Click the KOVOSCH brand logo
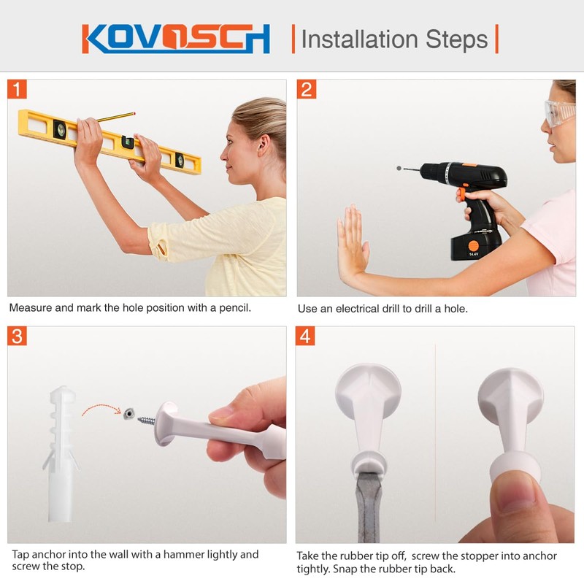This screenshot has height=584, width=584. coord(176,39)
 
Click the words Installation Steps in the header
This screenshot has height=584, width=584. coord(394,39)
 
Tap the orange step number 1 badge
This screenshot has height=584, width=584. coord(18,90)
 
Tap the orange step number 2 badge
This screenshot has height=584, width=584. coord(307,90)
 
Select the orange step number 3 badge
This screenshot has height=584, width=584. coord(18,337)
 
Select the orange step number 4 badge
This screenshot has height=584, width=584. coord(306,337)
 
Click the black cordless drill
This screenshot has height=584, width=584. coord(467,182)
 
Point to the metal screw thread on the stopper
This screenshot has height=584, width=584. coord(147,420)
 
